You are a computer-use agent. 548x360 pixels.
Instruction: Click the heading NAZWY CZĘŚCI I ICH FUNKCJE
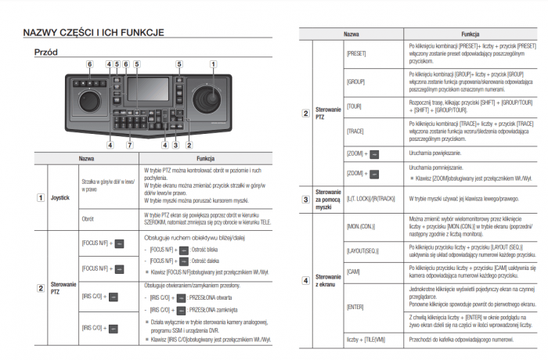click(x=93, y=33)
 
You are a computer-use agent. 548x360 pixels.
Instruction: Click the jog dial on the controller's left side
click(x=88, y=102)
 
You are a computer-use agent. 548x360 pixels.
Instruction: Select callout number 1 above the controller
click(x=213, y=63)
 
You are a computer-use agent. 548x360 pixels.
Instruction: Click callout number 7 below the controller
click(x=130, y=145)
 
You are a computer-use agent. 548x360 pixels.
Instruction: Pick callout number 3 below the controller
click(x=177, y=145)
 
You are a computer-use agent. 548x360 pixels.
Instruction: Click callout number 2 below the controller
click(x=189, y=145)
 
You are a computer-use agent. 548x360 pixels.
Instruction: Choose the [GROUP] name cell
click(x=355, y=81)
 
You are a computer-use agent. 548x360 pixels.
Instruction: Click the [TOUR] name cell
click(x=354, y=106)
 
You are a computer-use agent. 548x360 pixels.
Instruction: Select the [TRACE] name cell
click(x=355, y=130)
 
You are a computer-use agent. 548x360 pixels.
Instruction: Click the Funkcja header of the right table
click(x=470, y=34)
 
